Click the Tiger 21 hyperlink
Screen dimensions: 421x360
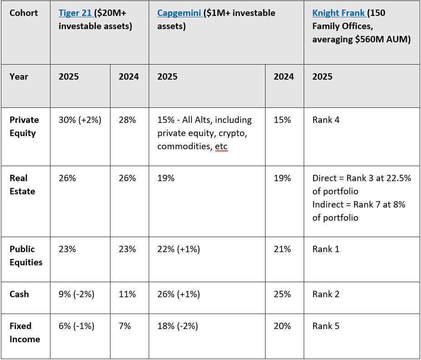75,13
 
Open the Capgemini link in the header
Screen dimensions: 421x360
179,13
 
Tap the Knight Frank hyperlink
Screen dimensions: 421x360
339,13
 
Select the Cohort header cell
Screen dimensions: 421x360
24,13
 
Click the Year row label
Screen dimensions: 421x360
19,76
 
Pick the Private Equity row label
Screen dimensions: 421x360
24,127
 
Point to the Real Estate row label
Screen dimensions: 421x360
22,185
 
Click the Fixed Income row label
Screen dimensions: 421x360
25,333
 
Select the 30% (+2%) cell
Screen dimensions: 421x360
80,120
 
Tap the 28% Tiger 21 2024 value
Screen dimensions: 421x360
127,120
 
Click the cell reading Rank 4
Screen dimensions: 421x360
326,120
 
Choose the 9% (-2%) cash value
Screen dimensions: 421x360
76,294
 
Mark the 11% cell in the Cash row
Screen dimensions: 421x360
127,294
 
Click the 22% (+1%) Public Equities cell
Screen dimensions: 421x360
179,249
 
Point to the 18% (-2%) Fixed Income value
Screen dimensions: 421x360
178,326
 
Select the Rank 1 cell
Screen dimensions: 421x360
326,249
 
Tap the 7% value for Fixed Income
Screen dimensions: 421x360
125,326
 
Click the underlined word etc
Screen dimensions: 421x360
221,147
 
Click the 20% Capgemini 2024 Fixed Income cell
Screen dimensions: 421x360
282,326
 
